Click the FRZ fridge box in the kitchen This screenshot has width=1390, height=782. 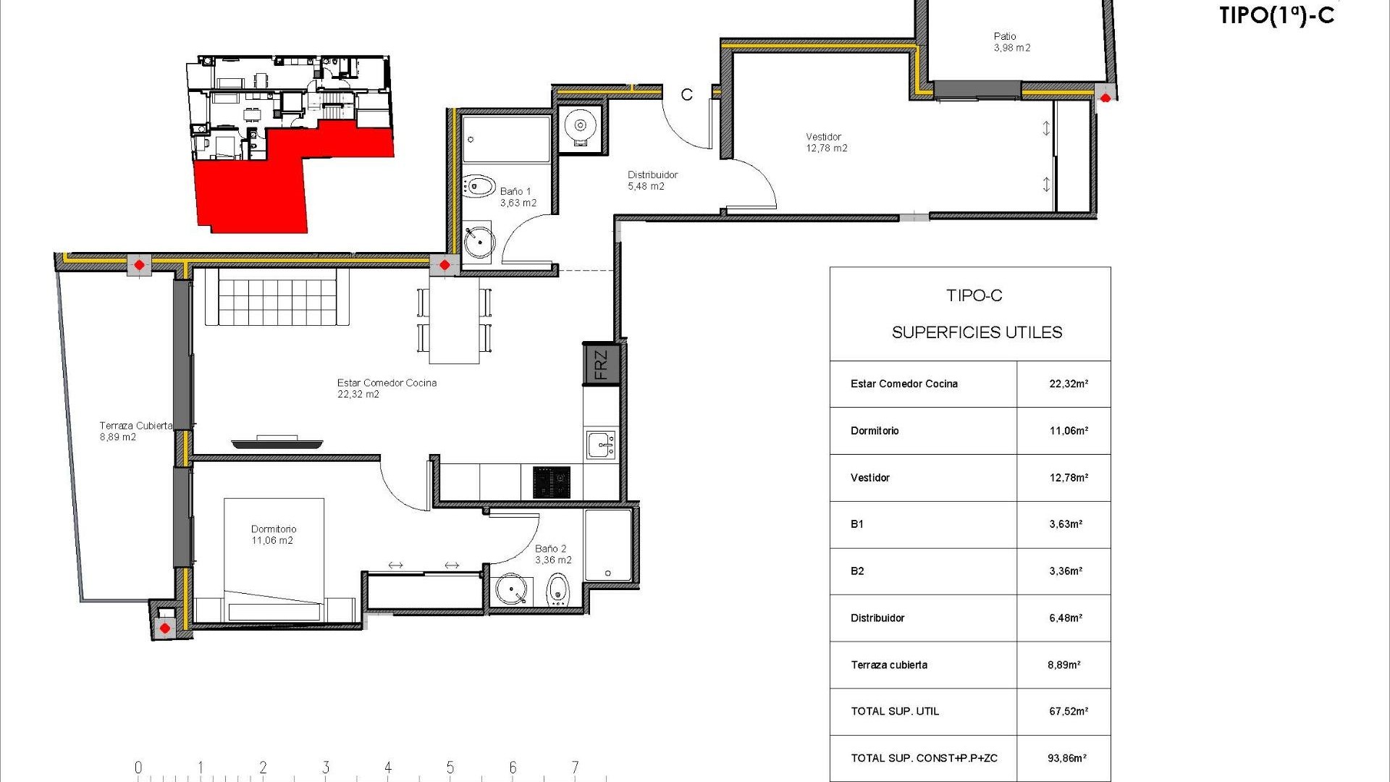click(601, 365)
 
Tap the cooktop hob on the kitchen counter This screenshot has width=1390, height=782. click(552, 482)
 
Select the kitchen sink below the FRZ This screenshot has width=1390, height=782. click(601, 445)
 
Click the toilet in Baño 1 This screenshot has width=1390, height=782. click(478, 186)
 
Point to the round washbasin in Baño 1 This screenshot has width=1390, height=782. click(478, 242)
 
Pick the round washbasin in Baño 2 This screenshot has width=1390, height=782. click(512, 589)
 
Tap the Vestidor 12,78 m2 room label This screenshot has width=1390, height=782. click(826, 143)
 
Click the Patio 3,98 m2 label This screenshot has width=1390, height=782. click(1011, 42)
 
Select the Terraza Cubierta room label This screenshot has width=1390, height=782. click(135, 431)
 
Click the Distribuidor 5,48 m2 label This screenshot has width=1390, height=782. click(652, 180)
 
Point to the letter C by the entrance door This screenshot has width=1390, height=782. click(686, 95)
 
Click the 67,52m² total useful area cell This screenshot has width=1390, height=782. click(1068, 712)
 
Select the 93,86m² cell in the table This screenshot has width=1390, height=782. click(1066, 758)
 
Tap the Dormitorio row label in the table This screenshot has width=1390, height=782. click(875, 431)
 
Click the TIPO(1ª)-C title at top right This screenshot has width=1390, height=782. click(1276, 16)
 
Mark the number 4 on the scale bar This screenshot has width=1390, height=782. click(388, 767)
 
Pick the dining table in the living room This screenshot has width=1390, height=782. click(454, 320)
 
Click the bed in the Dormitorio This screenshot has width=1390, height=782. click(274, 558)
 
